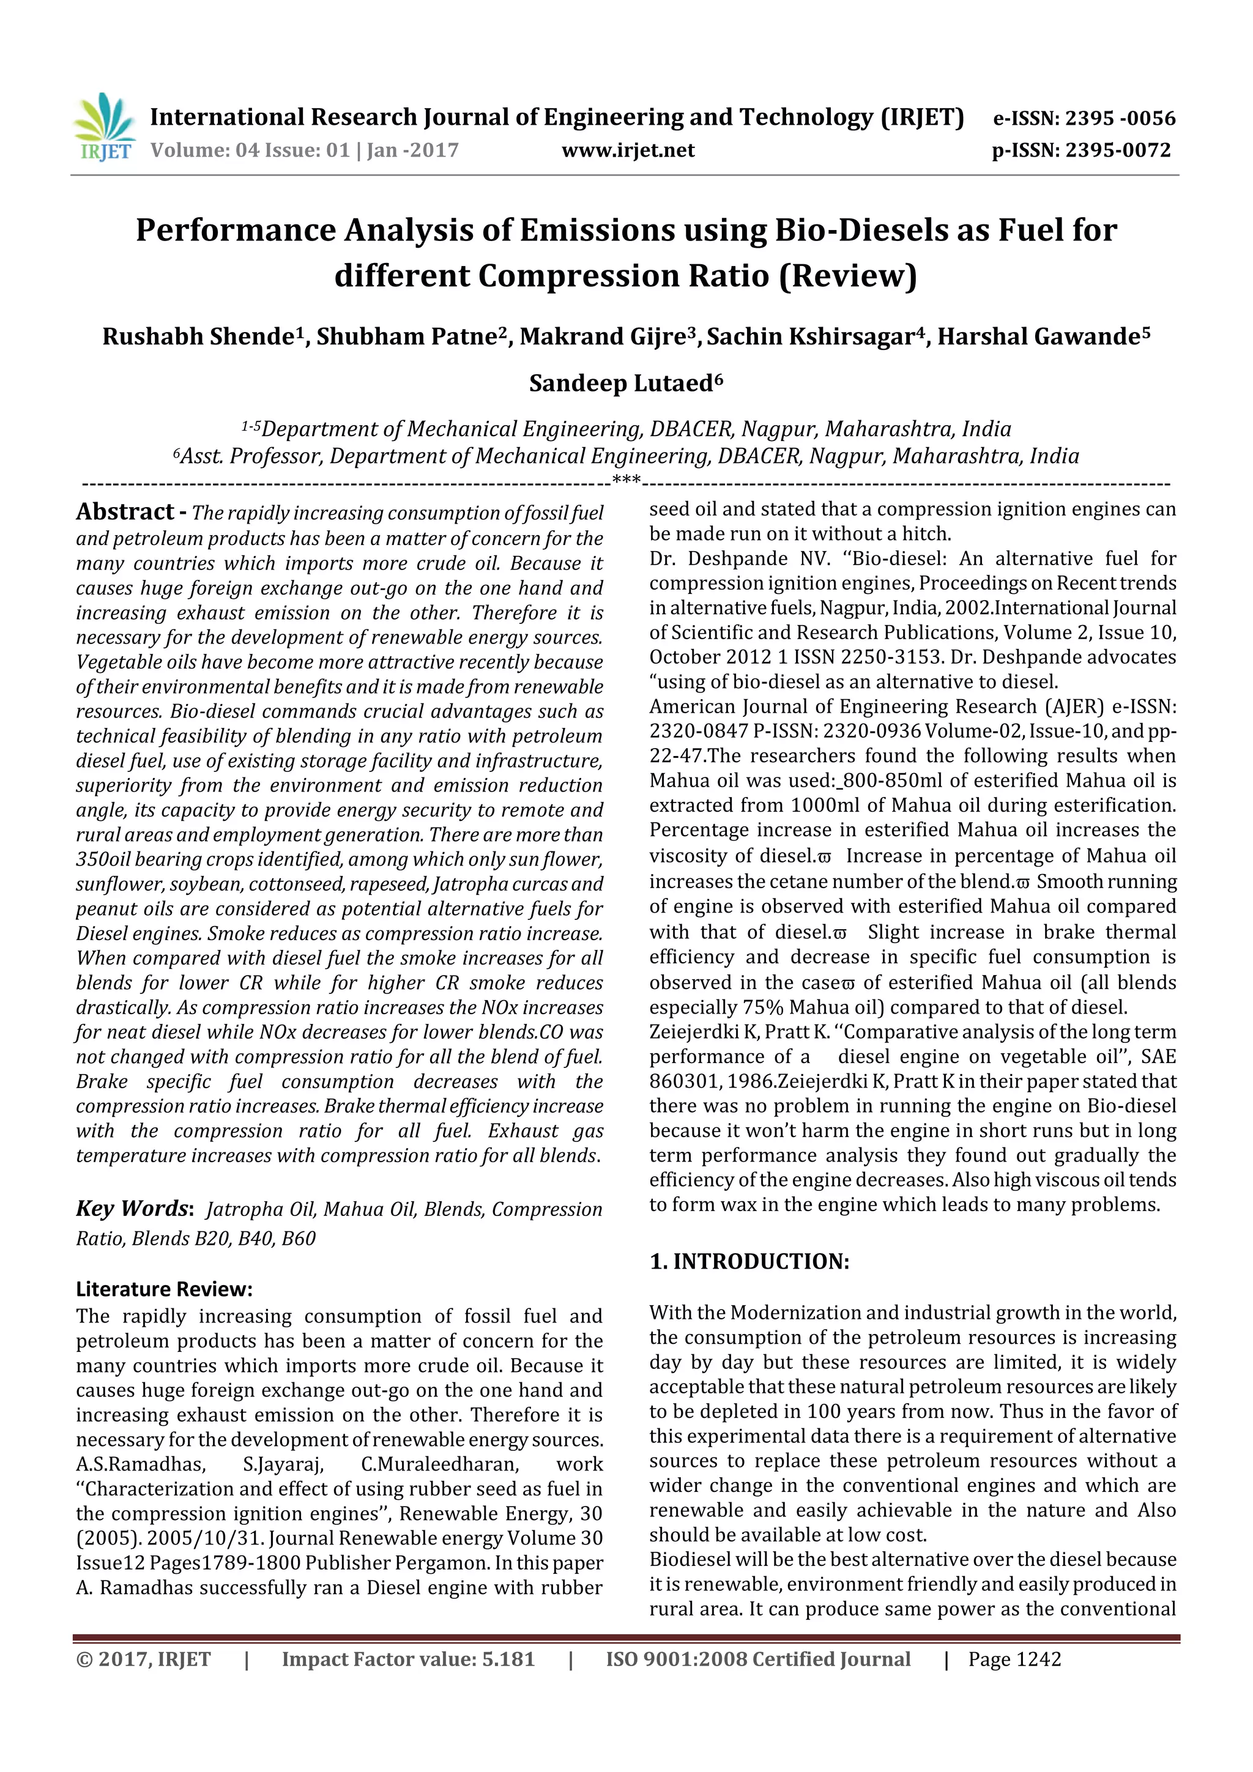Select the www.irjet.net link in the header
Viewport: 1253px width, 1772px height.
(x=628, y=150)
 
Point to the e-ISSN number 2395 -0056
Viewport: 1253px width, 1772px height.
(x=1120, y=119)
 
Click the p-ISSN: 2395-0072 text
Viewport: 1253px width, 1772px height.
(x=1081, y=150)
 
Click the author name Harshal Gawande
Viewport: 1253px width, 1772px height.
(x=1038, y=337)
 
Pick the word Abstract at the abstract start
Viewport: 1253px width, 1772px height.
(x=125, y=512)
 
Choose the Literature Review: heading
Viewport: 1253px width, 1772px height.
(x=165, y=1289)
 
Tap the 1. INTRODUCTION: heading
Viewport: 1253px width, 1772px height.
(x=749, y=1261)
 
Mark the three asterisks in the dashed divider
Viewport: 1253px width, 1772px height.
(x=626, y=480)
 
